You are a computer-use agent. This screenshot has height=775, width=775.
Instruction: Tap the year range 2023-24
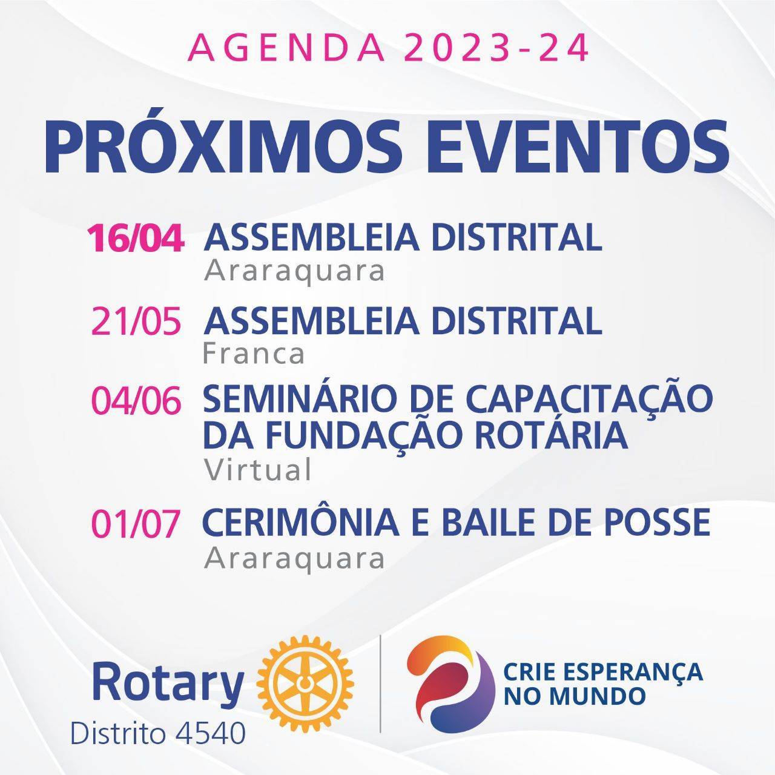click(x=496, y=48)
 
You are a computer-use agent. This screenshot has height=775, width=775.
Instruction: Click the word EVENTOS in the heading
click(x=577, y=145)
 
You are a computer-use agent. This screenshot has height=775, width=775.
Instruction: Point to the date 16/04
click(x=136, y=239)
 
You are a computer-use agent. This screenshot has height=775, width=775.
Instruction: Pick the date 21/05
click(x=136, y=321)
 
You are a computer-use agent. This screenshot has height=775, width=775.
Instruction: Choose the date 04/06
click(x=136, y=401)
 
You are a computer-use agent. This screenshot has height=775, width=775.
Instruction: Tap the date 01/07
click(x=135, y=523)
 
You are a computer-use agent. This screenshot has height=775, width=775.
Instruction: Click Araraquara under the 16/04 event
click(x=294, y=272)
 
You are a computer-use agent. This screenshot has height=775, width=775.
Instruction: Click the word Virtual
click(x=257, y=470)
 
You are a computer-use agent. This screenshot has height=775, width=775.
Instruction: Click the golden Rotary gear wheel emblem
click(x=305, y=684)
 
